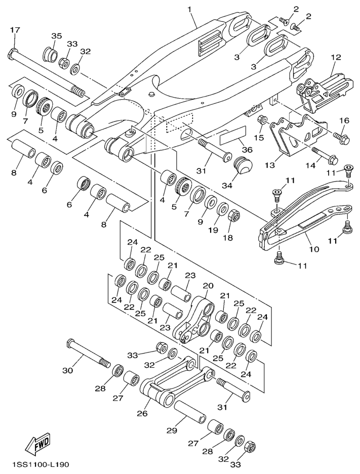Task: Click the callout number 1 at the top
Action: (190, 9)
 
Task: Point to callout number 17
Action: (14, 30)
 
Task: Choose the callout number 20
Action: (207, 286)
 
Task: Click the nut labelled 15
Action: (263, 120)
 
